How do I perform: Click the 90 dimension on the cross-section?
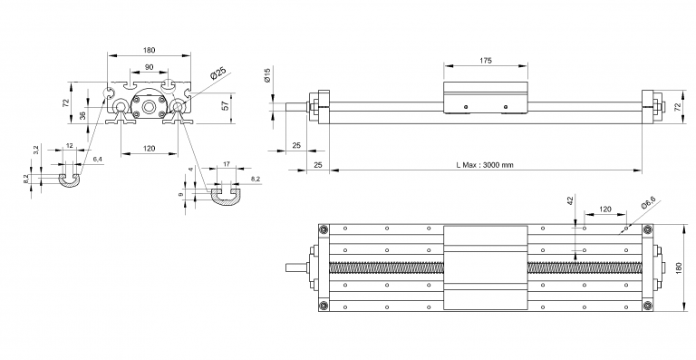click(x=150, y=67)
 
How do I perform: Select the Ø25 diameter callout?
click(x=217, y=73)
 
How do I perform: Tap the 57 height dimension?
click(x=225, y=106)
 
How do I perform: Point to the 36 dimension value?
click(x=82, y=115)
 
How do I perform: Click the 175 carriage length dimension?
click(x=486, y=61)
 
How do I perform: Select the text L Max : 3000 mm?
click(x=485, y=165)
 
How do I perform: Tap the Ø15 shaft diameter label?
click(x=267, y=75)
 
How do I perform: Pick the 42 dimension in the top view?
click(x=571, y=199)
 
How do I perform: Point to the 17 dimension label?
click(x=227, y=164)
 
